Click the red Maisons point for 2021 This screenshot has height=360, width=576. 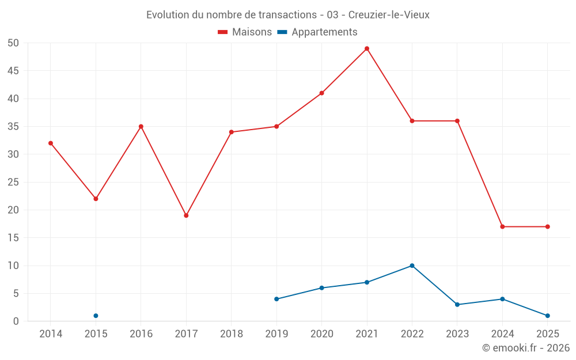coord(367,48)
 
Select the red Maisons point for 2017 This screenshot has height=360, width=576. coord(186,215)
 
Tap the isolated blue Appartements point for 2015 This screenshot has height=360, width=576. coord(96,316)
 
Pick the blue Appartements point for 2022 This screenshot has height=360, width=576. coord(412,266)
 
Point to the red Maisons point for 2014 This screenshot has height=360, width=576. coord(51,143)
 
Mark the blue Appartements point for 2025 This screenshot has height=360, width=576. coord(547,316)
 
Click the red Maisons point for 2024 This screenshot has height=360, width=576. coord(502,226)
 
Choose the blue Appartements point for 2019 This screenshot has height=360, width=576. coord(276,299)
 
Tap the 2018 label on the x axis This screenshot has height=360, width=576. coord(231,334)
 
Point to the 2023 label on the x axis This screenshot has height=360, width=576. coord(457,334)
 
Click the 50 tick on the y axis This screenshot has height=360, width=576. coord(13,43)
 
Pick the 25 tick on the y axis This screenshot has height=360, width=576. coord(13,182)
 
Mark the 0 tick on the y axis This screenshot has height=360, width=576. coord(16,321)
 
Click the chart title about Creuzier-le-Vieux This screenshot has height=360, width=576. coord(288,15)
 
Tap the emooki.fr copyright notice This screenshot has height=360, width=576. coord(525,348)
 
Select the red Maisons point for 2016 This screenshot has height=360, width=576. coord(141,126)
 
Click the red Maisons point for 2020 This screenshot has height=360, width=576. coord(321,93)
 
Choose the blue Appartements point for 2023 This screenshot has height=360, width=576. coord(457,305)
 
